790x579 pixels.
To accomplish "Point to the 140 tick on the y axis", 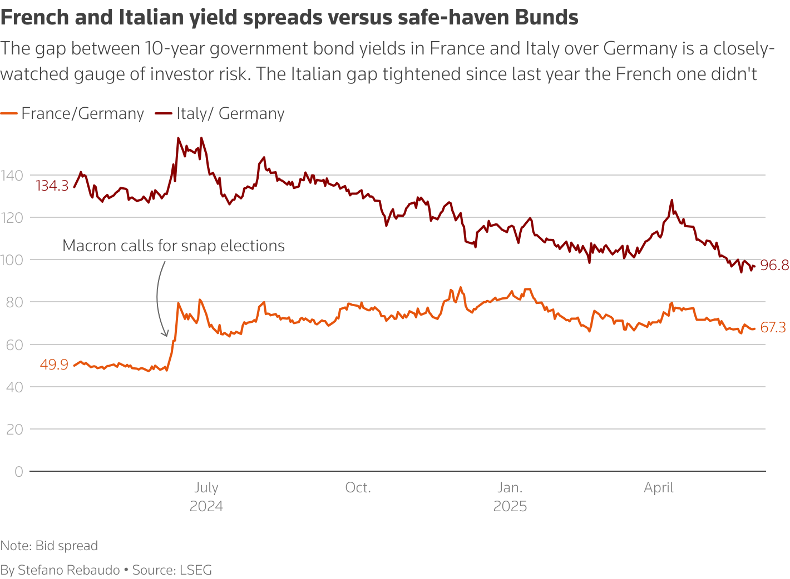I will point(12,176).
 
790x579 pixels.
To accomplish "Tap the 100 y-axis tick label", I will point(12,260).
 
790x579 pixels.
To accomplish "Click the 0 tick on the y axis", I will point(19,472).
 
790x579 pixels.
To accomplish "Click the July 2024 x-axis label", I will point(206,497).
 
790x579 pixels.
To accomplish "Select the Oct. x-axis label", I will point(358,488).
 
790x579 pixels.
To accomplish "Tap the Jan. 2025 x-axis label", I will point(510,497).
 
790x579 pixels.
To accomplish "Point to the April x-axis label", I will point(659,488).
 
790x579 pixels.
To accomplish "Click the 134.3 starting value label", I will point(52,186).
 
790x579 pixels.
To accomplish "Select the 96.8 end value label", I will point(774,266).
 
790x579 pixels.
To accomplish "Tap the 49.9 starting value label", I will point(54,365).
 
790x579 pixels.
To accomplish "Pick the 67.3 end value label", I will point(773,328).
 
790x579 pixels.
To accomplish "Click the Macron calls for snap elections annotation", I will point(174,246).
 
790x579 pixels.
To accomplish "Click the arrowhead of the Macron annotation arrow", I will point(165,335).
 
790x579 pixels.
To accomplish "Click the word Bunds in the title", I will point(547,18).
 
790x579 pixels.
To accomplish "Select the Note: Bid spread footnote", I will point(49,546).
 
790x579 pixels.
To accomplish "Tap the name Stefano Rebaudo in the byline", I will point(69,570).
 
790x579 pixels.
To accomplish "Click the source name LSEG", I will point(195,570).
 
